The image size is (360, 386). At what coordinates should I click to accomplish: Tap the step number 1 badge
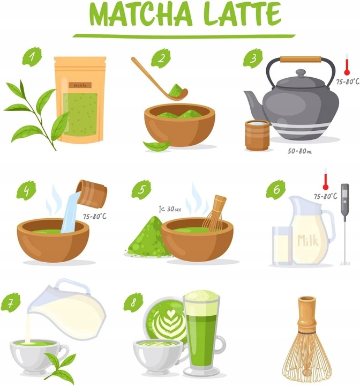32,56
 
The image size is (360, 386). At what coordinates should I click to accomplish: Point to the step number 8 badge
133,302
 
